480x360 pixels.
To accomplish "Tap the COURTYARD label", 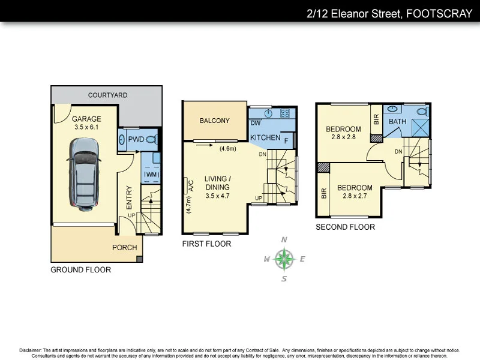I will click(x=107, y=95).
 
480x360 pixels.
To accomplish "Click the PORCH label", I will click(x=125, y=247).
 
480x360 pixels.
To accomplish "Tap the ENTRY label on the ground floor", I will click(x=130, y=197).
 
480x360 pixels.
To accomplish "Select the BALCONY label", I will click(x=215, y=121).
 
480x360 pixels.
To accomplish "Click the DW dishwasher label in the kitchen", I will click(x=255, y=124).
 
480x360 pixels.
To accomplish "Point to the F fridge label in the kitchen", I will click(x=286, y=141).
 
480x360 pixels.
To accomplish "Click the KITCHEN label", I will click(x=265, y=138).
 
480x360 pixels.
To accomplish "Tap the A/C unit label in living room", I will click(x=191, y=185).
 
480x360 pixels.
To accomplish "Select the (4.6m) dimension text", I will click(x=229, y=149).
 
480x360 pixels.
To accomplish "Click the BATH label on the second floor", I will click(x=398, y=122).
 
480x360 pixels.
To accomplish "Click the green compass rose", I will click(x=284, y=259).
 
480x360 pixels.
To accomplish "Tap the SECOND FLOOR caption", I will click(x=346, y=227).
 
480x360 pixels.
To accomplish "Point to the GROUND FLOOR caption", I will click(x=81, y=270).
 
